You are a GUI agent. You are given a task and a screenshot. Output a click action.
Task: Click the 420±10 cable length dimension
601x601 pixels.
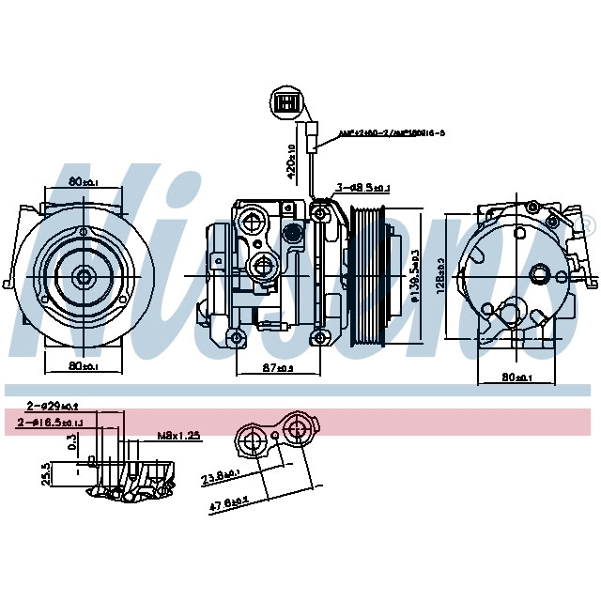pyautogui.click(x=292, y=162)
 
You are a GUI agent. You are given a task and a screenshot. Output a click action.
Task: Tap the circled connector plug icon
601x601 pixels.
pyautogui.click(x=287, y=102)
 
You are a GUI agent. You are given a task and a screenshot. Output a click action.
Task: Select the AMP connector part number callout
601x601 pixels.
pyautogui.click(x=378, y=133)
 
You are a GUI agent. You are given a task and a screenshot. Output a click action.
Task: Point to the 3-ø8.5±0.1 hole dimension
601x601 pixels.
pyautogui.click(x=362, y=188)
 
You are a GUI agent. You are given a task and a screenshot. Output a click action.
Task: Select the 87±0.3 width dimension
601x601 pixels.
pyautogui.click(x=277, y=368)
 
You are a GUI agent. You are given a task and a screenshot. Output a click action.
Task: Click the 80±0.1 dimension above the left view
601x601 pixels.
pyautogui.click(x=84, y=180)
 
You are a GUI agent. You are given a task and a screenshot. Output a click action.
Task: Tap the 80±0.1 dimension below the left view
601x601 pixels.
pyautogui.click(x=84, y=365)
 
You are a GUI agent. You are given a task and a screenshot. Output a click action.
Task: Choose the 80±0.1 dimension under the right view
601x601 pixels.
pyautogui.click(x=517, y=378)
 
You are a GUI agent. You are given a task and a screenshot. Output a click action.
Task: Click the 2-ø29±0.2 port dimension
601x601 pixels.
pyautogui.click(x=53, y=406)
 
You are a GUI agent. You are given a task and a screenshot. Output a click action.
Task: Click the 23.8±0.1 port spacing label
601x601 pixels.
pyautogui.click(x=221, y=478)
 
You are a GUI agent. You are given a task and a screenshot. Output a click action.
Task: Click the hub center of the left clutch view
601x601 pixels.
pyautogui.click(x=84, y=275)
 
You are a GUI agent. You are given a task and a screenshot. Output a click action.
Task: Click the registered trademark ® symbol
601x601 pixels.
pyautogui.click(x=588, y=225)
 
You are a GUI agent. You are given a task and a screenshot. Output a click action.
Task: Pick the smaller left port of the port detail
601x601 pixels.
pyautogui.click(x=252, y=439)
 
